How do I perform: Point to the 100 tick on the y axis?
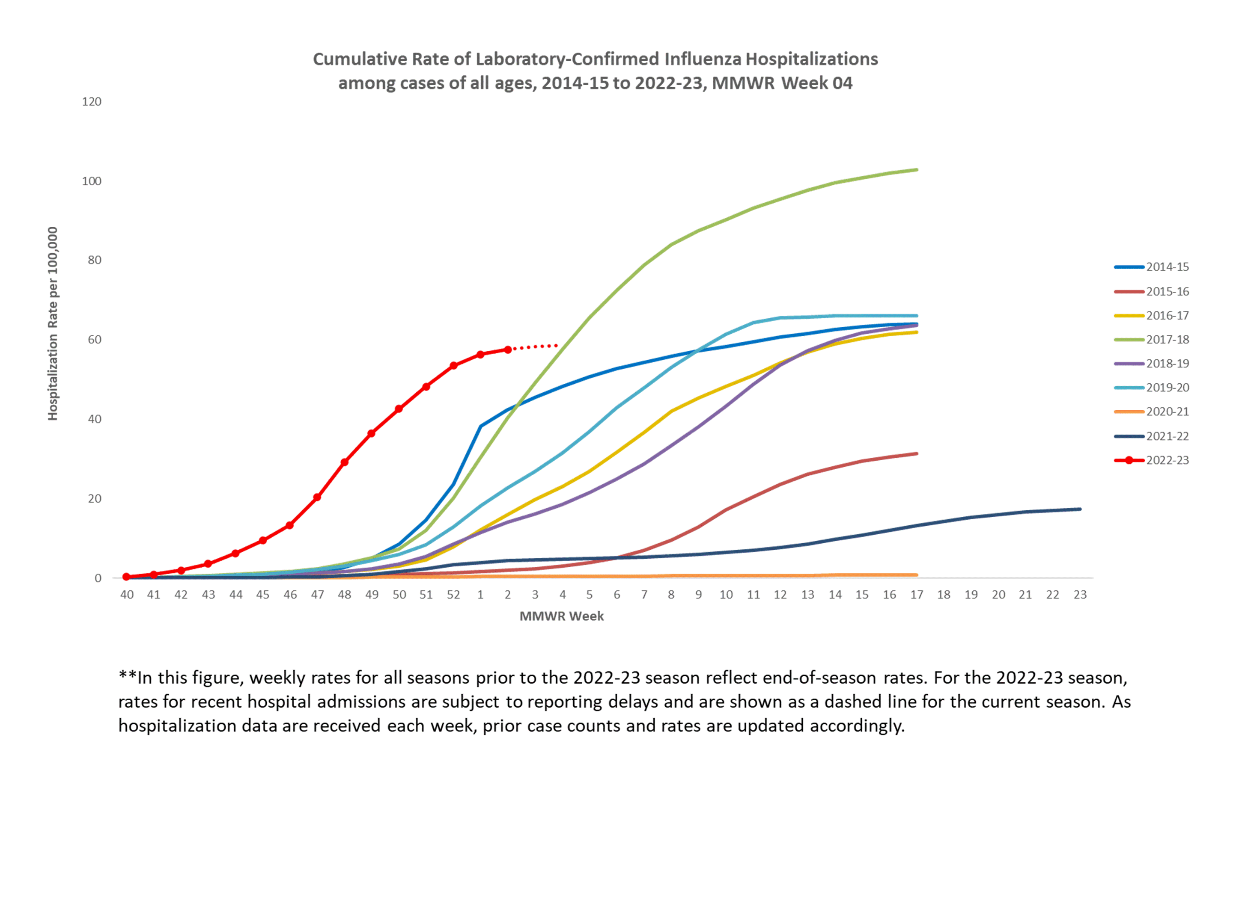click(x=92, y=181)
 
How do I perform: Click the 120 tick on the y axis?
click(x=92, y=101)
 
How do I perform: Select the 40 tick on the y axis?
click(x=94, y=419)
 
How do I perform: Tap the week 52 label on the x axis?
click(x=453, y=595)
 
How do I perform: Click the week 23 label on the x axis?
click(x=1080, y=595)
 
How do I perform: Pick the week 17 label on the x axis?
click(x=916, y=595)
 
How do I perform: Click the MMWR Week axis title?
click(x=561, y=616)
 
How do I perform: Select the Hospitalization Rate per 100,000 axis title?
click(x=52, y=323)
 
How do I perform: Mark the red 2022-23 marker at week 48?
click(x=345, y=462)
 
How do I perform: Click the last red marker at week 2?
click(x=508, y=350)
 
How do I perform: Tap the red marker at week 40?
click(x=127, y=577)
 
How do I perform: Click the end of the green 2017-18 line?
click(x=916, y=170)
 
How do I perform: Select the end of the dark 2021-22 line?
click(x=1080, y=509)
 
